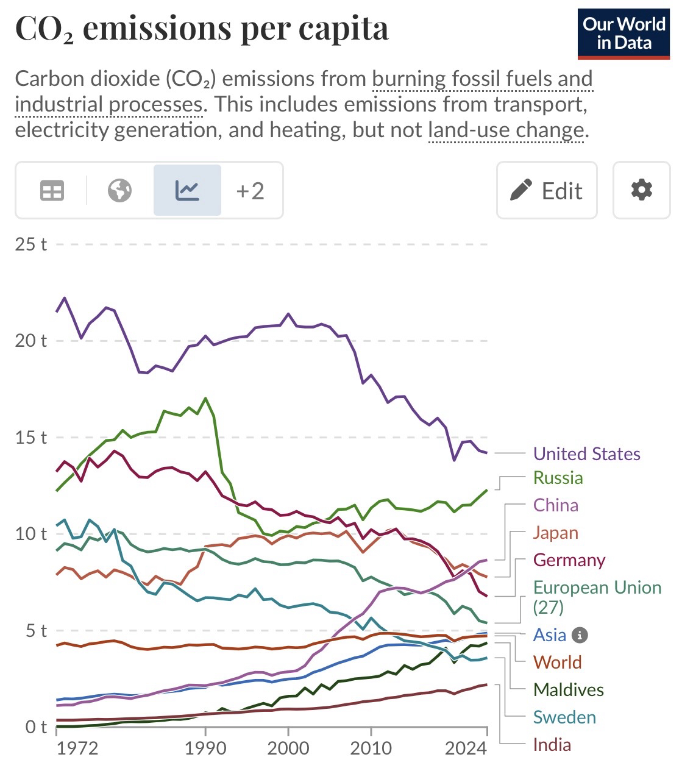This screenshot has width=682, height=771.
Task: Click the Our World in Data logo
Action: coord(623,34)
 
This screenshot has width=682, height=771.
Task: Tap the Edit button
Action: coord(547,191)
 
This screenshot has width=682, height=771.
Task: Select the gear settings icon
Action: coord(641,191)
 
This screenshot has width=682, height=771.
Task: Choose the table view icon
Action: coord(52,191)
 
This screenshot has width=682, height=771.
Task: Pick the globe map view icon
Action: coord(119,191)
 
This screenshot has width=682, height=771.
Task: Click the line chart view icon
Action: coord(187,191)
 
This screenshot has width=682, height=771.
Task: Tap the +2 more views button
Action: coord(250,191)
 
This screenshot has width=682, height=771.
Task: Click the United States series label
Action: coord(586,454)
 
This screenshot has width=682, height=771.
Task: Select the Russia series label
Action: coord(558,478)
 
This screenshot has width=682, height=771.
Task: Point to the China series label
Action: coord(555,505)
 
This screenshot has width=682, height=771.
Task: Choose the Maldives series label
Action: coord(568,690)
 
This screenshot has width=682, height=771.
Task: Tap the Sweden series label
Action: coord(564,717)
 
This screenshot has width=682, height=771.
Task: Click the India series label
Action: coord(552,745)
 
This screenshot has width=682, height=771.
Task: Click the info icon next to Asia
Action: coord(580,636)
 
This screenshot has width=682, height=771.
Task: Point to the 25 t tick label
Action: coord(31,244)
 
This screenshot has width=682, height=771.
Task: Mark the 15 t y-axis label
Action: coord(31,438)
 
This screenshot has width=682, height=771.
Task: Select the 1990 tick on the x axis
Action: coord(205,748)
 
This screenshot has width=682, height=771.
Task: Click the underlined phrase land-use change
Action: coord(506,130)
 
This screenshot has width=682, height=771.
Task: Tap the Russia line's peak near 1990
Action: coord(205,398)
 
